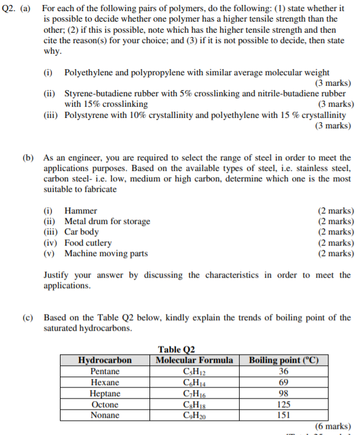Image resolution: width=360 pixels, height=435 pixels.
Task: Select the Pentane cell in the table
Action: [105, 371]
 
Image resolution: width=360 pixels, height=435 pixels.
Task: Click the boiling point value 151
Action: [283, 415]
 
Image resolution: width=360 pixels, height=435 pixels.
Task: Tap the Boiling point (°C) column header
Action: [283, 360]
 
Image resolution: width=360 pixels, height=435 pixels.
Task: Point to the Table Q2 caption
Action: [177, 350]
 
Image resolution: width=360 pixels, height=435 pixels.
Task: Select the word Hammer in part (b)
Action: [80, 211]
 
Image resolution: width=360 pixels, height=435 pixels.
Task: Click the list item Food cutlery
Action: [88, 242]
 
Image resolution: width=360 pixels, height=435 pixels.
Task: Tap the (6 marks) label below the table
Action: [333, 426]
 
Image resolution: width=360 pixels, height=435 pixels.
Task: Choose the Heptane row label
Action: [105, 394]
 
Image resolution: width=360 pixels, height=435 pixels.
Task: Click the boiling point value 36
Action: [283, 371]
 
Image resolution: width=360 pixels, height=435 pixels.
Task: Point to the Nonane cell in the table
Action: [105, 415]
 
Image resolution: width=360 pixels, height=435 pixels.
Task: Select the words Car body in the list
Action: [82, 232]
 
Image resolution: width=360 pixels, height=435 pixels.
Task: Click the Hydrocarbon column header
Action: [105, 360]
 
